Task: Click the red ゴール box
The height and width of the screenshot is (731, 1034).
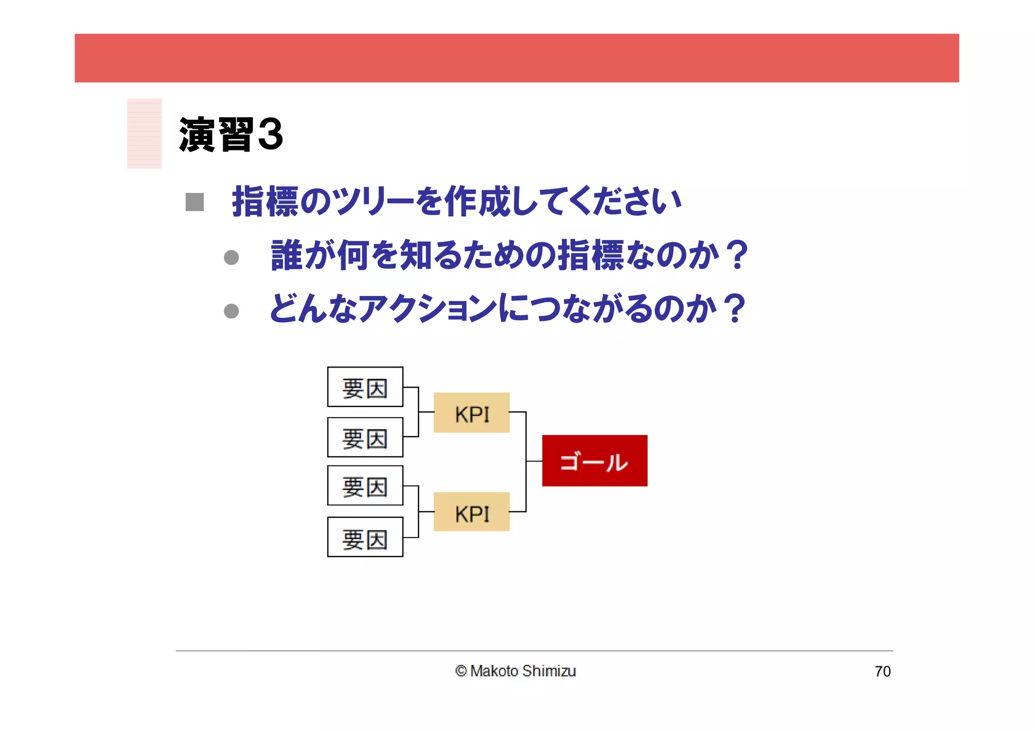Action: (594, 460)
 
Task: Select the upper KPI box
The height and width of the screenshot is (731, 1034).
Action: (472, 412)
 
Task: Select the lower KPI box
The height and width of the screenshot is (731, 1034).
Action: (472, 512)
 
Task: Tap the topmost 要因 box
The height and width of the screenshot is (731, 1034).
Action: (365, 387)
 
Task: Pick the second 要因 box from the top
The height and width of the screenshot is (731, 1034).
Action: (365, 437)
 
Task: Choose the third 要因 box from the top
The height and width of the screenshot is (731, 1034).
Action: (365, 486)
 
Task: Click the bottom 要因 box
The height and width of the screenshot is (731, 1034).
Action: (365, 537)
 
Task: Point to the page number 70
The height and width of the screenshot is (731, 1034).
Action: (883, 671)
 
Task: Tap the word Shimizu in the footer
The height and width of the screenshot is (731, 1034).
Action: (549, 671)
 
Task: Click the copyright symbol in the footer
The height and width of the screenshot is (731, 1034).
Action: (460, 671)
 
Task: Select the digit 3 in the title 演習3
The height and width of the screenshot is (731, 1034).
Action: (270, 134)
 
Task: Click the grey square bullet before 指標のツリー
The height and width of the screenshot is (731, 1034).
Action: (194, 202)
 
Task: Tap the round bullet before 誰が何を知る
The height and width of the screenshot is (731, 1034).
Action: (231, 257)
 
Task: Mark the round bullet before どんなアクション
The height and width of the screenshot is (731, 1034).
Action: (231, 311)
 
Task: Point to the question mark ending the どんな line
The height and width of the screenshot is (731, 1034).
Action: (734, 308)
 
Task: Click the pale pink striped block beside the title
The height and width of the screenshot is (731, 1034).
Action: (144, 133)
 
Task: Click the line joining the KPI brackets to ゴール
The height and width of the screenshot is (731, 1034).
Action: (534, 461)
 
